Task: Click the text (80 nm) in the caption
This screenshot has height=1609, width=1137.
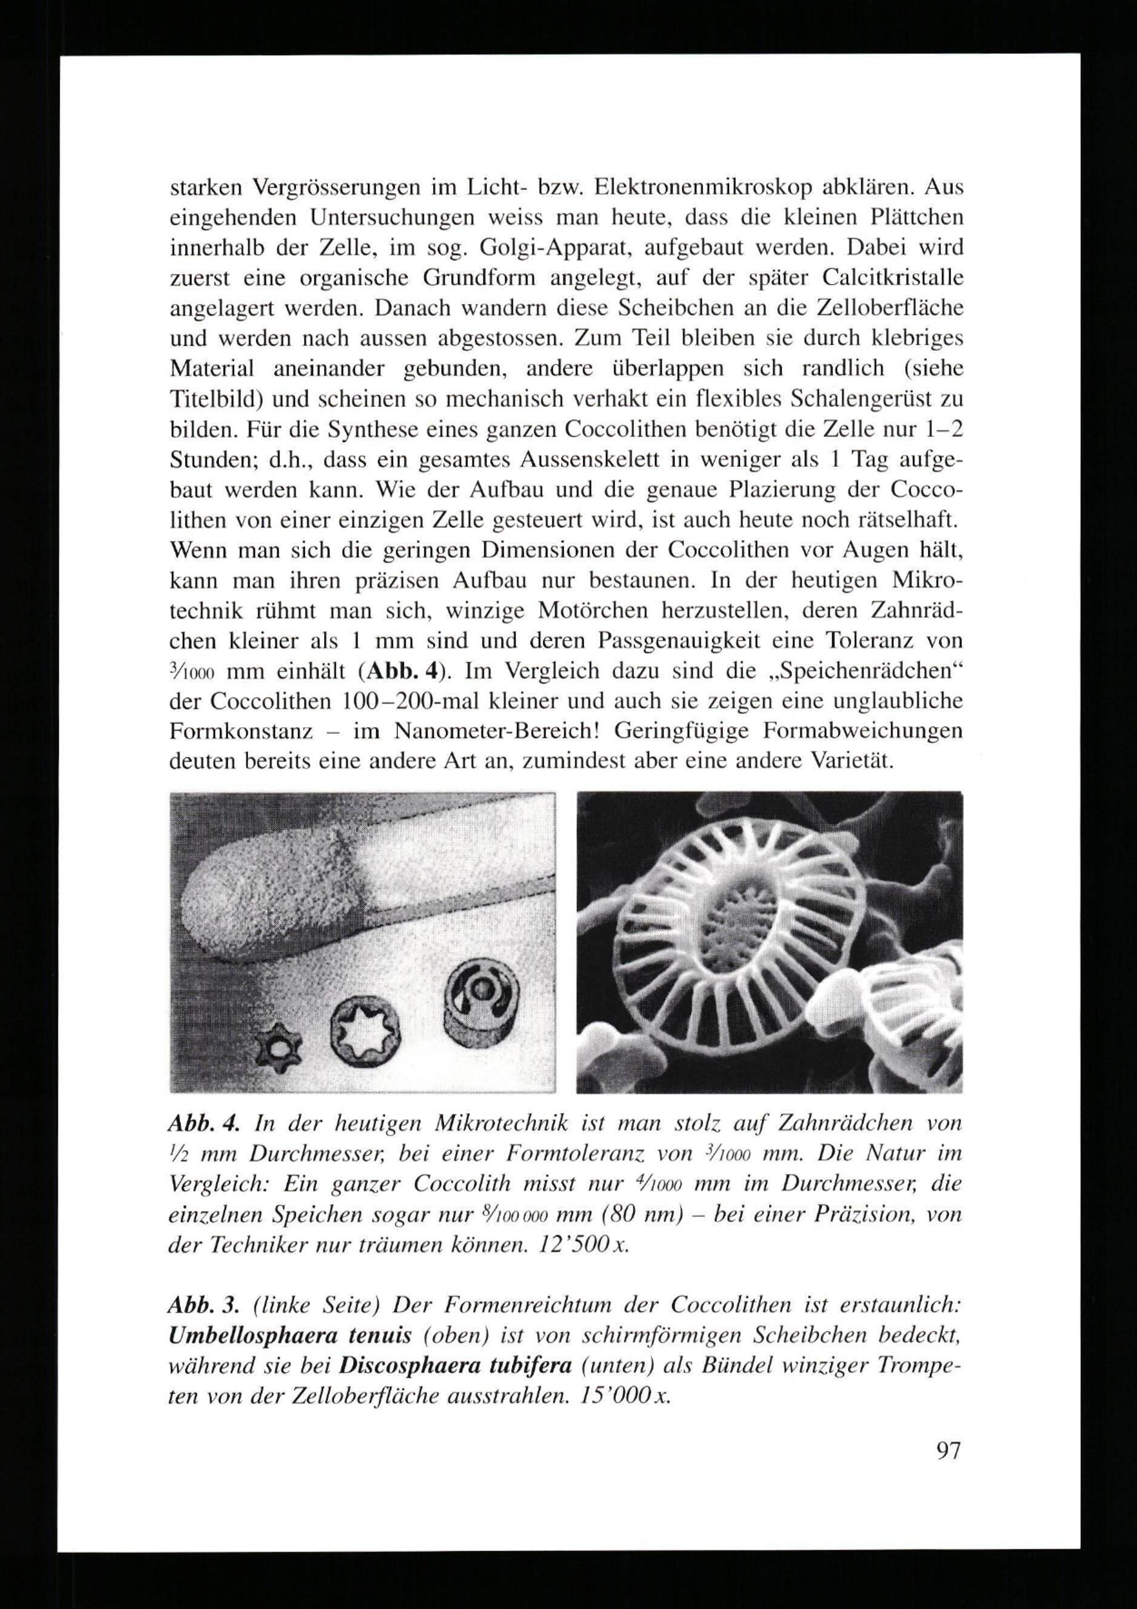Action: (639, 1214)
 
